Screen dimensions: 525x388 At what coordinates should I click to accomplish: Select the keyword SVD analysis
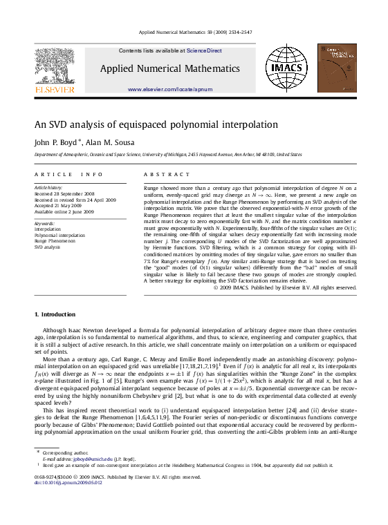point(48,247)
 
